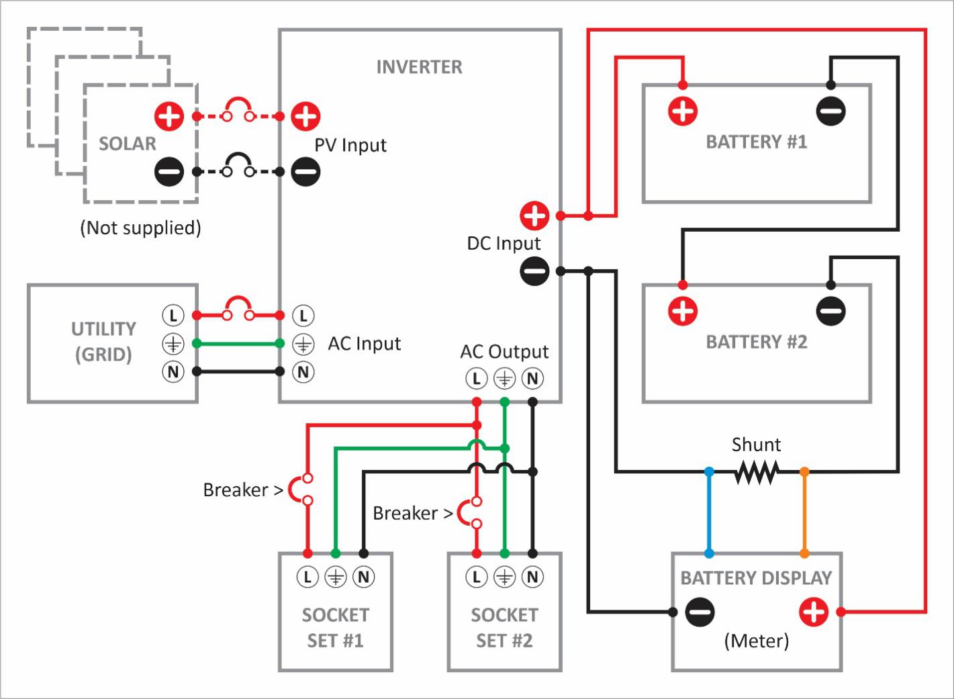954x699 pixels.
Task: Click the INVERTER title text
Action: click(x=419, y=67)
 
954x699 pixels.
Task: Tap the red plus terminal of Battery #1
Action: click(x=683, y=111)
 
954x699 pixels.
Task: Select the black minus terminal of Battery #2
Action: click(x=830, y=311)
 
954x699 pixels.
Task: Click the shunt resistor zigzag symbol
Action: click(x=757, y=472)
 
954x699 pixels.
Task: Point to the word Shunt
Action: click(x=756, y=445)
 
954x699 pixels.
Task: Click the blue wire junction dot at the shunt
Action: click(x=709, y=472)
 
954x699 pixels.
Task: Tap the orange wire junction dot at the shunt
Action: click(x=804, y=472)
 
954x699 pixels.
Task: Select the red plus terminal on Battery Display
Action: click(x=814, y=612)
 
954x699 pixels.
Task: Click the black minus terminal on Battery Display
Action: click(x=700, y=612)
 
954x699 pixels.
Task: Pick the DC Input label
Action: click(x=504, y=244)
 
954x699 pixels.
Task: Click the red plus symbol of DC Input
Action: click(x=534, y=216)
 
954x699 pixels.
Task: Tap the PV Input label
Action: click(x=350, y=145)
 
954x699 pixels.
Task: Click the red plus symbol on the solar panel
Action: click(x=169, y=116)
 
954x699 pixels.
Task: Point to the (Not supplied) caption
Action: click(x=140, y=228)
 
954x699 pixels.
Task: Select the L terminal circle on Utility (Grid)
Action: click(x=173, y=315)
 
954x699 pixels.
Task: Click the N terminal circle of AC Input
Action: click(x=303, y=372)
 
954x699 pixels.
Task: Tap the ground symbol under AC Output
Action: click(x=504, y=379)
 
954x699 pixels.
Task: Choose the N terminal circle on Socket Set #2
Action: click(x=532, y=577)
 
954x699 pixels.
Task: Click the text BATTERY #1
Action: click(x=756, y=142)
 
